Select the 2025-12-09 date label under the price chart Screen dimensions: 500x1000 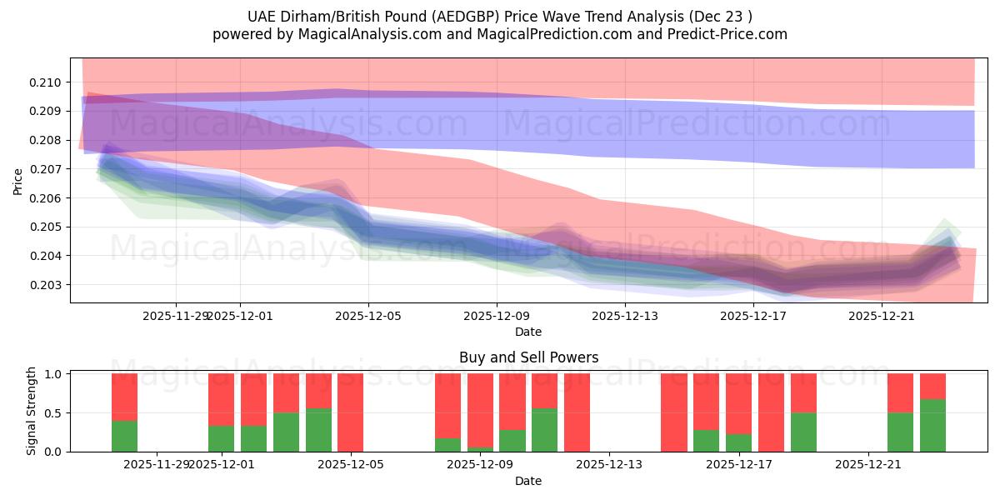click(x=497, y=316)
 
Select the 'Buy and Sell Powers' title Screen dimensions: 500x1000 click(x=528, y=357)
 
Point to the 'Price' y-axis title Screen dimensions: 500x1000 click(x=18, y=181)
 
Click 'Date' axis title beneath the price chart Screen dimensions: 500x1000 click(x=528, y=332)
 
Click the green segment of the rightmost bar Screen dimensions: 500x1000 click(x=932, y=425)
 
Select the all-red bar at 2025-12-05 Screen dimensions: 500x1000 click(x=350, y=412)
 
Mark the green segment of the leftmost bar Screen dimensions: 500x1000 click(x=124, y=436)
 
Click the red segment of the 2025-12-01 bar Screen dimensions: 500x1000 click(x=221, y=399)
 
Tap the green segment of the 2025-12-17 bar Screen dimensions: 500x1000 click(x=738, y=442)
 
